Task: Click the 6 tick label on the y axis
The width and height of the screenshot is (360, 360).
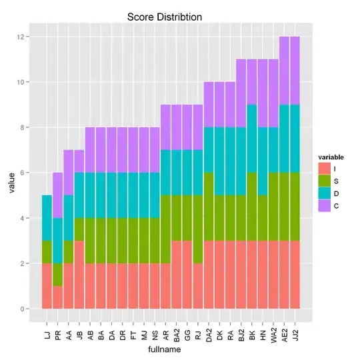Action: point(24,173)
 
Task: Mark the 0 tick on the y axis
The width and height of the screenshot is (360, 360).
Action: point(24,309)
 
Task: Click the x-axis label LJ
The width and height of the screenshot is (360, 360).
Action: point(47,326)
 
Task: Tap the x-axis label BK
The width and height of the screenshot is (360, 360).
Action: point(251,327)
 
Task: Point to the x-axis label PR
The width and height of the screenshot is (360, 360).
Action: point(58,327)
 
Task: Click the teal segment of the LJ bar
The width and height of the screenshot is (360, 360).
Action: point(47,218)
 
